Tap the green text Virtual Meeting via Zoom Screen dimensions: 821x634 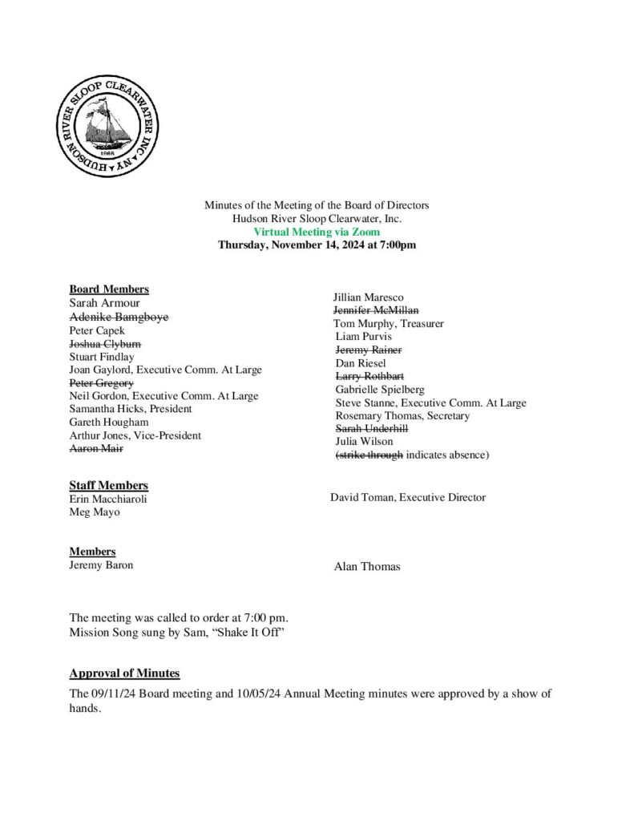click(x=317, y=232)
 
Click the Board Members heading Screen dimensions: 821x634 click(x=109, y=289)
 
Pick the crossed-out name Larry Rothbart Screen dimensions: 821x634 click(x=369, y=376)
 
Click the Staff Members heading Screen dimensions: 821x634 click(x=108, y=485)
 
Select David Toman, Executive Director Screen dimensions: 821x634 click(x=408, y=497)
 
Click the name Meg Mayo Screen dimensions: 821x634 click(x=95, y=512)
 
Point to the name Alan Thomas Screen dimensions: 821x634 click(x=367, y=567)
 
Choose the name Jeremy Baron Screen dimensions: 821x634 click(x=102, y=564)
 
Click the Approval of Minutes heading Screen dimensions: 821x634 click(x=124, y=673)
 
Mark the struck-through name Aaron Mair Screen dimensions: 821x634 click(x=97, y=448)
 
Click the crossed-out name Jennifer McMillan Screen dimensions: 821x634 click(x=376, y=310)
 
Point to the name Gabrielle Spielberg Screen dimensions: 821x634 click(x=380, y=390)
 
